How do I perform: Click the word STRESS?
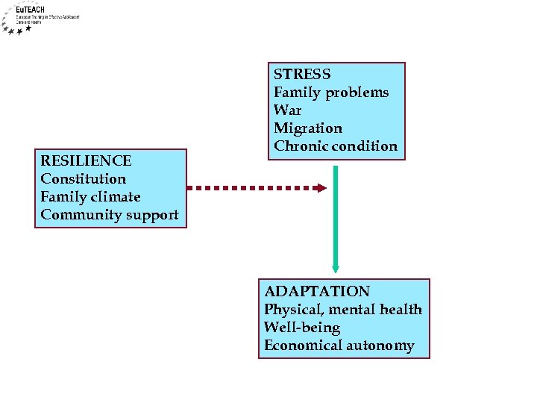(x=302, y=75)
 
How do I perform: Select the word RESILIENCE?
(x=86, y=161)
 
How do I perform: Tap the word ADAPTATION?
(x=317, y=292)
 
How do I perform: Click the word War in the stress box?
(x=287, y=110)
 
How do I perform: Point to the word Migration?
(x=308, y=128)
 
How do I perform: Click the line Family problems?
(x=331, y=93)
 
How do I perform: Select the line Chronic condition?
(x=336, y=146)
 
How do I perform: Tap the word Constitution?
(x=84, y=179)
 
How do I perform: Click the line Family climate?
(x=90, y=197)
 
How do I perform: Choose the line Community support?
(x=110, y=215)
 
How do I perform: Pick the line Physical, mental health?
(x=343, y=310)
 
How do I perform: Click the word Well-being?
(x=302, y=328)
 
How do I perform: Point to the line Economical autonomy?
(x=339, y=346)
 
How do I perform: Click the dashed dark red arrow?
(x=254, y=188)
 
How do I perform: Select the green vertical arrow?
(x=336, y=216)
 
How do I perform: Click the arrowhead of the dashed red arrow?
(x=321, y=188)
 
